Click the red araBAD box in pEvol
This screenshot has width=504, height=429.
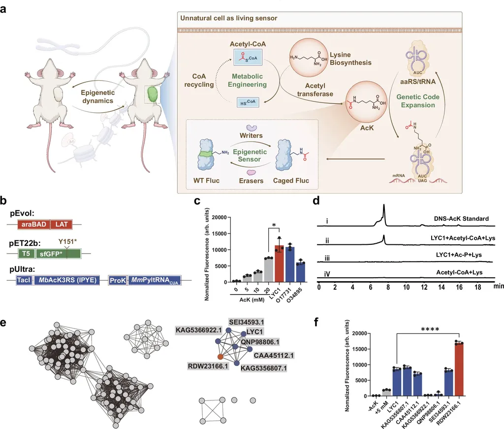tap(33, 224)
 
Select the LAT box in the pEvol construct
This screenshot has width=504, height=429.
tap(61, 224)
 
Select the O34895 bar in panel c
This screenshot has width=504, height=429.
tap(301, 271)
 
